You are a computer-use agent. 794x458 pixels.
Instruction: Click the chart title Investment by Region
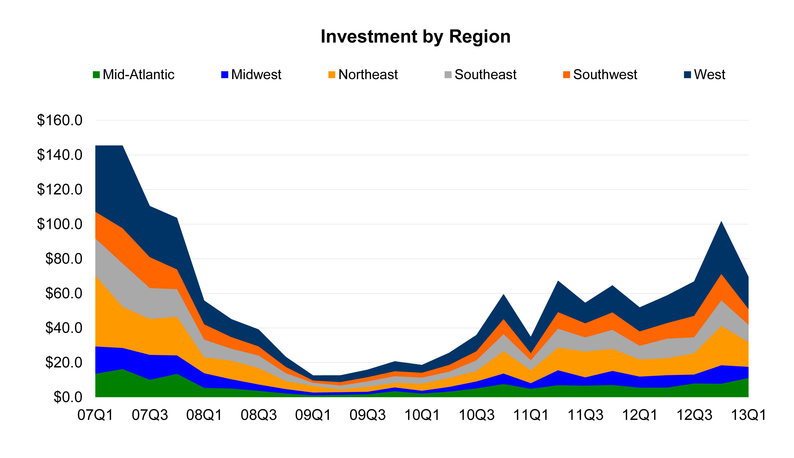[x=415, y=37]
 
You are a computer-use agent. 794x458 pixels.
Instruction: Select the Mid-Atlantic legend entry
[x=133, y=75]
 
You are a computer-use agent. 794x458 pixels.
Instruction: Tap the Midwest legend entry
[x=251, y=75]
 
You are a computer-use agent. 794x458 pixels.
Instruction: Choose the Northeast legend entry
[x=363, y=75]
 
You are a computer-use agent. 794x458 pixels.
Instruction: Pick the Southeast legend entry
[x=480, y=75]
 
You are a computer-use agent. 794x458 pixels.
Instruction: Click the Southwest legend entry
[x=600, y=75]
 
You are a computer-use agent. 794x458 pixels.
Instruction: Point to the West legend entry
[x=705, y=75]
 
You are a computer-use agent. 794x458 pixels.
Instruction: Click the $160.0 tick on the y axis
[x=60, y=120]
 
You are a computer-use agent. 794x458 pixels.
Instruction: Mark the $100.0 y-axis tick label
[x=60, y=224]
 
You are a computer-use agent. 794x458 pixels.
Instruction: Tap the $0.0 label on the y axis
[x=68, y=397]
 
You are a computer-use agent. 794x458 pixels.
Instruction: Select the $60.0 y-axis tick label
[x=64, y=293]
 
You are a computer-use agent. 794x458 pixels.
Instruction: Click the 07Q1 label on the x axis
[x=95, y=415]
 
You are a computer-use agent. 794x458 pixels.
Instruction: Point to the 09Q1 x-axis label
[x=313, y=415]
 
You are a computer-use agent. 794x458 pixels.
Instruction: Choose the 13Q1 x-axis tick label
[x=748, y=415]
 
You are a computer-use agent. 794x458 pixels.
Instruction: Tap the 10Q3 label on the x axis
[x=476, y=415]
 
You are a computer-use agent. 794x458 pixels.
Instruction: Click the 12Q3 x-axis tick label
[x=694, y=415]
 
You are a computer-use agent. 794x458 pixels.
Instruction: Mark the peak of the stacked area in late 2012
[x=721, y=221]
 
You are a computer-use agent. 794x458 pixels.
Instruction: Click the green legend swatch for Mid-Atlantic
[x=96, y=75]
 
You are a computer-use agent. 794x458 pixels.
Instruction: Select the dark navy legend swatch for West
[x=688, y=75]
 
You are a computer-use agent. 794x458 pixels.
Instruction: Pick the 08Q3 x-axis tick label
[x=259, y=415]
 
